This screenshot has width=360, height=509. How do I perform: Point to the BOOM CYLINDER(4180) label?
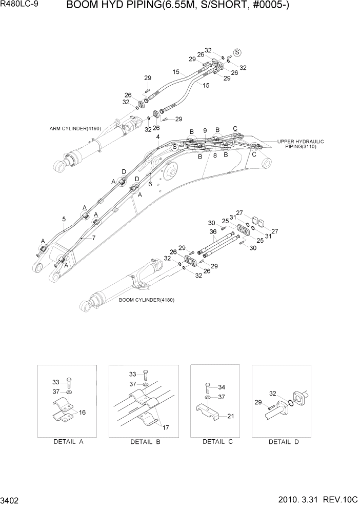point(146,300)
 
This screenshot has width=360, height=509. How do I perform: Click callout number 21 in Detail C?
point(230,416)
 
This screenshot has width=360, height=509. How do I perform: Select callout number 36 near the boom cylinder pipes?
point(213,231)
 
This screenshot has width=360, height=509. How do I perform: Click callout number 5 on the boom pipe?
point(64,219)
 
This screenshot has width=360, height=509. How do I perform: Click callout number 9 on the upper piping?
point(205,130)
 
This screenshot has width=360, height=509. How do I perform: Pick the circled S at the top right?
point(237,52)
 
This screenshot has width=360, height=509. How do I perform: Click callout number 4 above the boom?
point(157,136)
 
